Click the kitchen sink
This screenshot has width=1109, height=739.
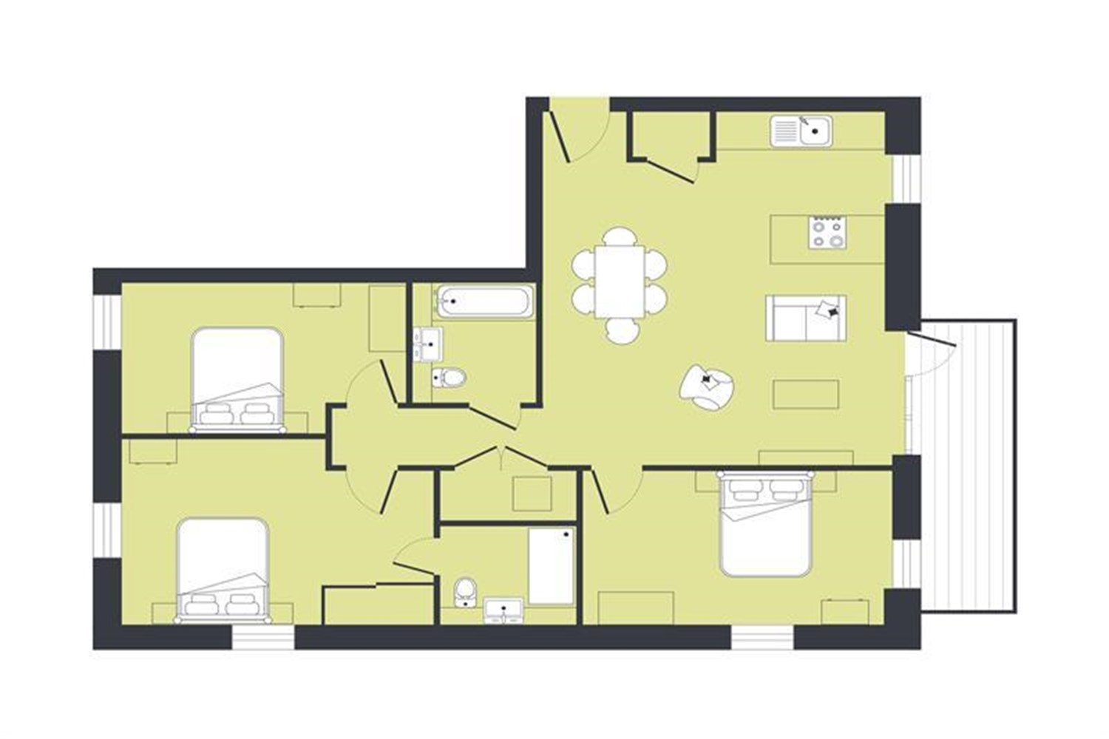(x=801, y=132)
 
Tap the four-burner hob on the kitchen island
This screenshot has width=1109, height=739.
(x=827, y=233)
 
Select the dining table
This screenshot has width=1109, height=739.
(x=620, y=281)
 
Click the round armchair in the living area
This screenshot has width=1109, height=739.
(x=707, y=386)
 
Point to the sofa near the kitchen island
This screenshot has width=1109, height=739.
(x=806, y=318)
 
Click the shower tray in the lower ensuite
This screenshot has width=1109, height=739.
(x=552, y=566)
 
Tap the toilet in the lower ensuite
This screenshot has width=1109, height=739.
(x=465, y=590)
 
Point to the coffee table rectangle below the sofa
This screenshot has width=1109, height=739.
(x=806, y=394)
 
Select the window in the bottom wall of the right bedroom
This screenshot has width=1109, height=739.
(x=762, y=636)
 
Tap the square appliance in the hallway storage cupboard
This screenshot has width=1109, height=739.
(x=532, y=493)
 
